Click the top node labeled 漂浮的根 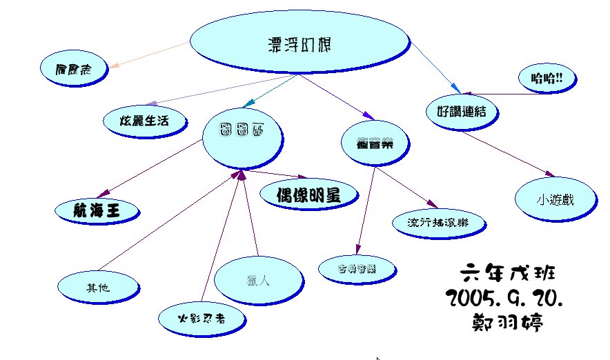click(298, 43)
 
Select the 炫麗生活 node click(145, 121)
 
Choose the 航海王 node click(96, 210)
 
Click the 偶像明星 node click(309, 194)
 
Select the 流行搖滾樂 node click(437, 223)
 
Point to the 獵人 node click(258, 279)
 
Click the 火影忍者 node click(200, 319)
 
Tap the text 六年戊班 click(506, 272)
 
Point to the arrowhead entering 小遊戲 click(549, 175)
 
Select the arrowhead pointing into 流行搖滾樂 click(433, 205)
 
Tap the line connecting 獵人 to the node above click(249, 214)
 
